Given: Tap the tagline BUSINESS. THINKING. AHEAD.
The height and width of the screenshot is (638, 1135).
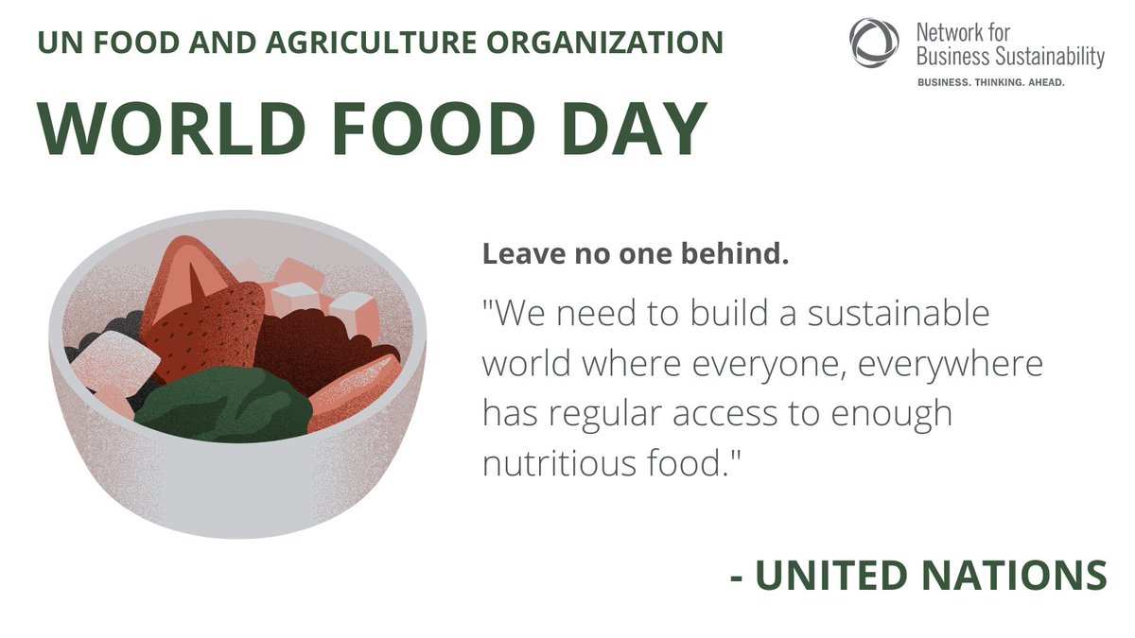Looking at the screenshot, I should pyautogui.click(x=991, y=83).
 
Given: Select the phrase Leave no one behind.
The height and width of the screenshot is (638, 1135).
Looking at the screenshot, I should pyautogui.click(x=636, y=254).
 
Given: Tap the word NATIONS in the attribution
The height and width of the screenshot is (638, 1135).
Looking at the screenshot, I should pyautogui.click(x=1025, y=576).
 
